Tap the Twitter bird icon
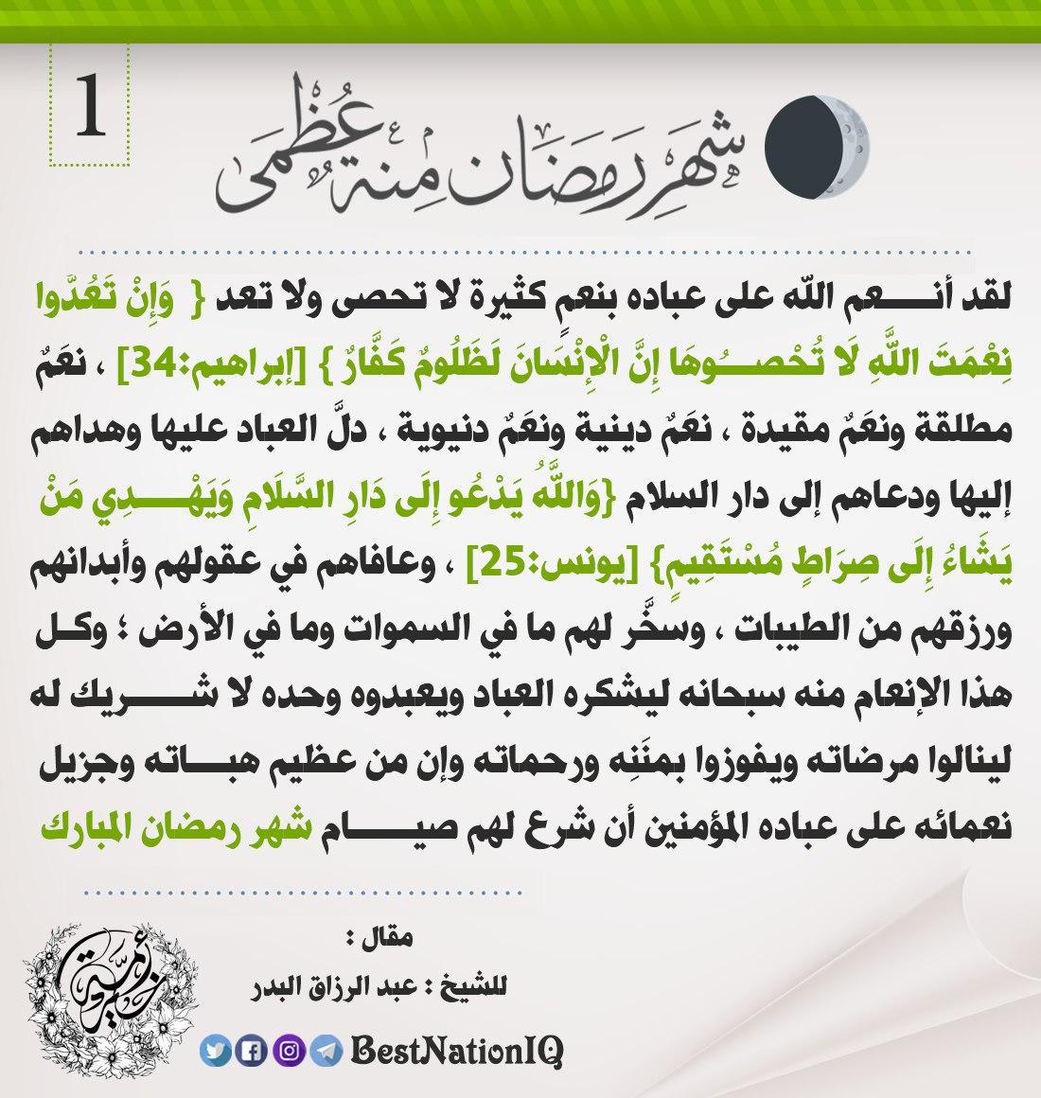214,1050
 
